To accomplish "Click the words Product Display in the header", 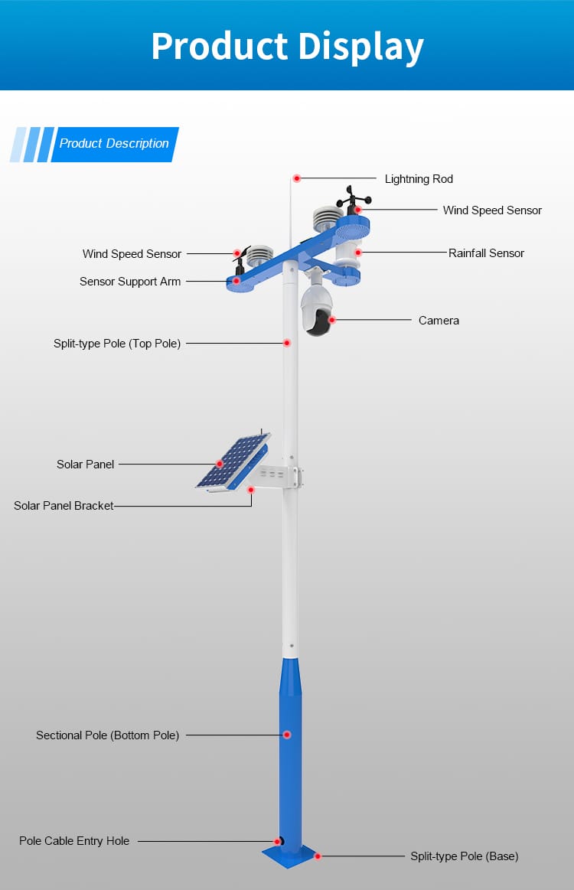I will point(287,46).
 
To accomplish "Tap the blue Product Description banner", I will point(114,144).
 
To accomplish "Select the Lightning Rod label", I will point(419,179).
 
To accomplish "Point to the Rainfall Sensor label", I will point(486,253).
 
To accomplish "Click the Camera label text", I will point(439,321).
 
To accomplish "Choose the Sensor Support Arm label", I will point(130,282).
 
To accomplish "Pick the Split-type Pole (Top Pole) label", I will point(117,344).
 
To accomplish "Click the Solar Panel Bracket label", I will point(64,506).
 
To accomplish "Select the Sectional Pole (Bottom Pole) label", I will point(107,735).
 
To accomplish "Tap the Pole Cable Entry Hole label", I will point(74,841).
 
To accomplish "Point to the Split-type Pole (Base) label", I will point(464,856).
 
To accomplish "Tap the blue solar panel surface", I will point(233,460).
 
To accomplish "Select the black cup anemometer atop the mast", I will point(354,198).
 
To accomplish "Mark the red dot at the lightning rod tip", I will point(297,178).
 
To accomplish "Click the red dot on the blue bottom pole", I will point(287,735).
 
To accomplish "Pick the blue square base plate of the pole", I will point(289,855).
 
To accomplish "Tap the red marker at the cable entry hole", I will point(276,841).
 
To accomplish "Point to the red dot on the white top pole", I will point(287,344).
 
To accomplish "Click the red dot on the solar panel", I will point(220,464).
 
